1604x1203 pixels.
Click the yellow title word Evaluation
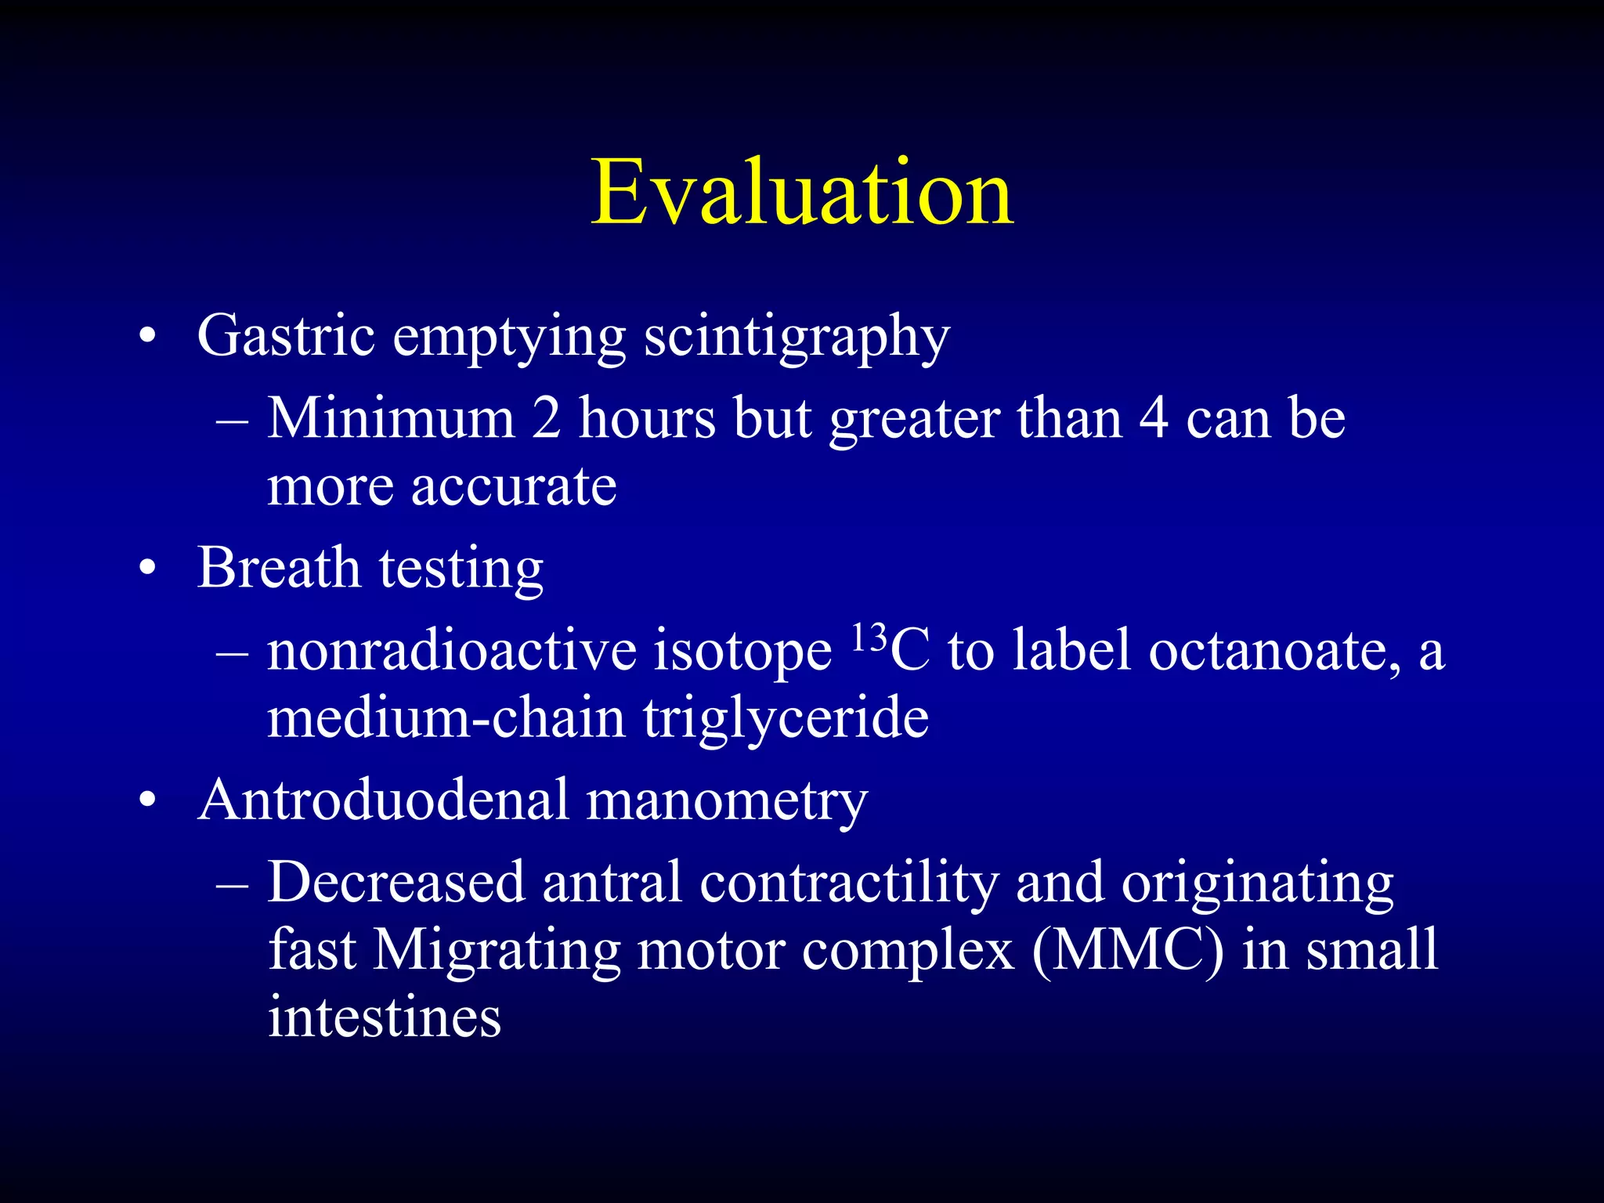802,193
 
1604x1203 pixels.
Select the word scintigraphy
797,338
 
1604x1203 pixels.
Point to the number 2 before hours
547,418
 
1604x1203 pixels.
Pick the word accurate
514,487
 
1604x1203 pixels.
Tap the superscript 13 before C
869,638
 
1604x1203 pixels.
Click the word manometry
727,802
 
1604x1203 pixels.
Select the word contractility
849,883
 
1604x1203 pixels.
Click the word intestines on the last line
385,1017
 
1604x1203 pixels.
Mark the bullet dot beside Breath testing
147,569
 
